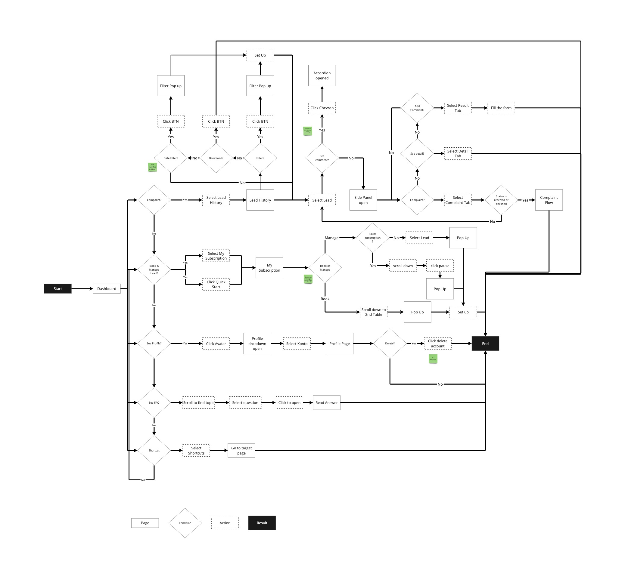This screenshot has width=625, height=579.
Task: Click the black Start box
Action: point(58,288)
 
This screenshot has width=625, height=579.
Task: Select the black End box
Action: point(485,344)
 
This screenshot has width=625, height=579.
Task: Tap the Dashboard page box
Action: point(107,288)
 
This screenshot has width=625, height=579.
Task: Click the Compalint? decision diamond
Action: point(154,200)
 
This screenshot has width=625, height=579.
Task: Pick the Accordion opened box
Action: point(322,75)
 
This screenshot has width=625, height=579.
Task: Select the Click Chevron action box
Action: point(322,108)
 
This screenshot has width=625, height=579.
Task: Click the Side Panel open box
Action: point(363,200)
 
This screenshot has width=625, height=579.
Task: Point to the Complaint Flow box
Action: point(549,200)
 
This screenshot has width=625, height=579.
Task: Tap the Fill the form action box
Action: point(501,108)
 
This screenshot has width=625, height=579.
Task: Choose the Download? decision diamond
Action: point(216,158)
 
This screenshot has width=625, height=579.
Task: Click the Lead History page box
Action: point(260,200)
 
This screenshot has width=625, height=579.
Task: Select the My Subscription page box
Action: point(269,268)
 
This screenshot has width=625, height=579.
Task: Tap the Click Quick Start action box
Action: point(216,284)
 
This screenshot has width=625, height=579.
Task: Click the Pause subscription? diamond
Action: point(372,238)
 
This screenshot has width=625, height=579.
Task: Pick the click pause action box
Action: point(440,266)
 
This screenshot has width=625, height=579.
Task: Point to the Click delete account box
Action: point(437,343)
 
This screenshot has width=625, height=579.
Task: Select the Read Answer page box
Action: point(326,403)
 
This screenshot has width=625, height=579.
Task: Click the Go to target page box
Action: point(241,451)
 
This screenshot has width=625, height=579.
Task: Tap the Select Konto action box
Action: point(297,344)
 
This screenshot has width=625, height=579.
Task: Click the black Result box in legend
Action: point(262,523)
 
